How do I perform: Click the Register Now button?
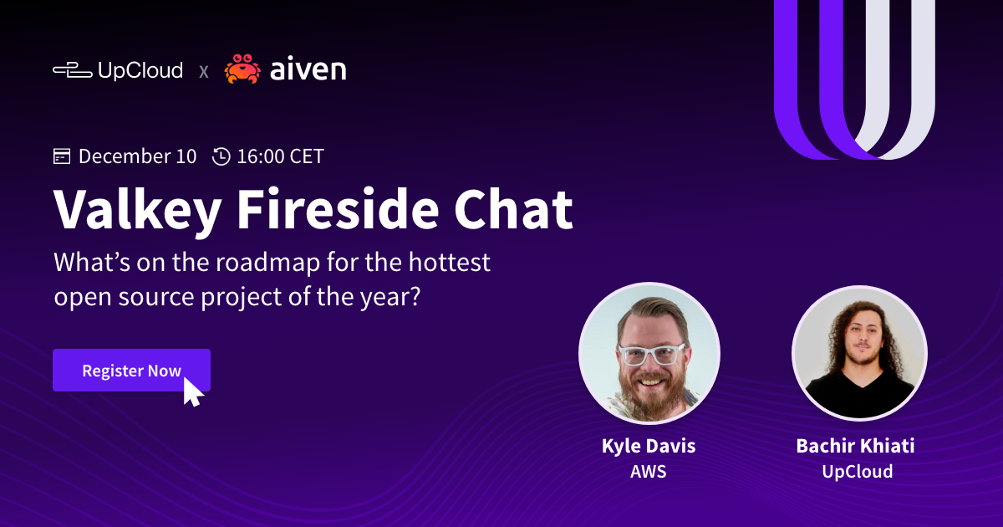pos(131,371)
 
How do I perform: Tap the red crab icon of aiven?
pos(242,69)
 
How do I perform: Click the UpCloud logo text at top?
pos(140,70)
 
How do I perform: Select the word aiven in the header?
pos(308,70)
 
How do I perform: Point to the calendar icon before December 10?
pos(62,156)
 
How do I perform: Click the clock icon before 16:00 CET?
pos(221,156)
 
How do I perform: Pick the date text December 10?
pos(138,156)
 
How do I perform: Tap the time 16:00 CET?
pos(280,156)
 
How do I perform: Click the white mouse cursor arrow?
pos(192,391)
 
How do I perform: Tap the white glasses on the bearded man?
pos(650,354)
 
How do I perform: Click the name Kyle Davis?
pos(649,446)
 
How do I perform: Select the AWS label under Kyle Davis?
pos(649,472)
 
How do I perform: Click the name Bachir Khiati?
pos(855,446)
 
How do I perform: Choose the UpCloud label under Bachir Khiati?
pos(857,472)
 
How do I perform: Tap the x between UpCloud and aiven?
pos(203,72)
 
